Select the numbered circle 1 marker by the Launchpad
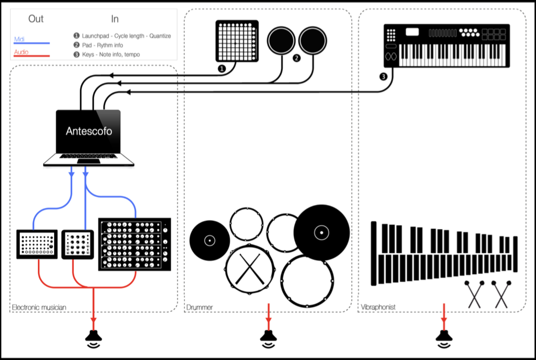(221, 69)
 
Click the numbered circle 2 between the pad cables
(297, 58)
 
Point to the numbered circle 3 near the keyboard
(383, 77)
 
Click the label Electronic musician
(39, 307)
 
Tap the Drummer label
(200, 307)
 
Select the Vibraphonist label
(379, 307)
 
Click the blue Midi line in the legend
(31, 44)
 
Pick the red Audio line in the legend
(31, 56)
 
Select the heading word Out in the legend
(36, 19)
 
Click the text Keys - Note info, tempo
(111, 54)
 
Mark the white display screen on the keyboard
(412, 32)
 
